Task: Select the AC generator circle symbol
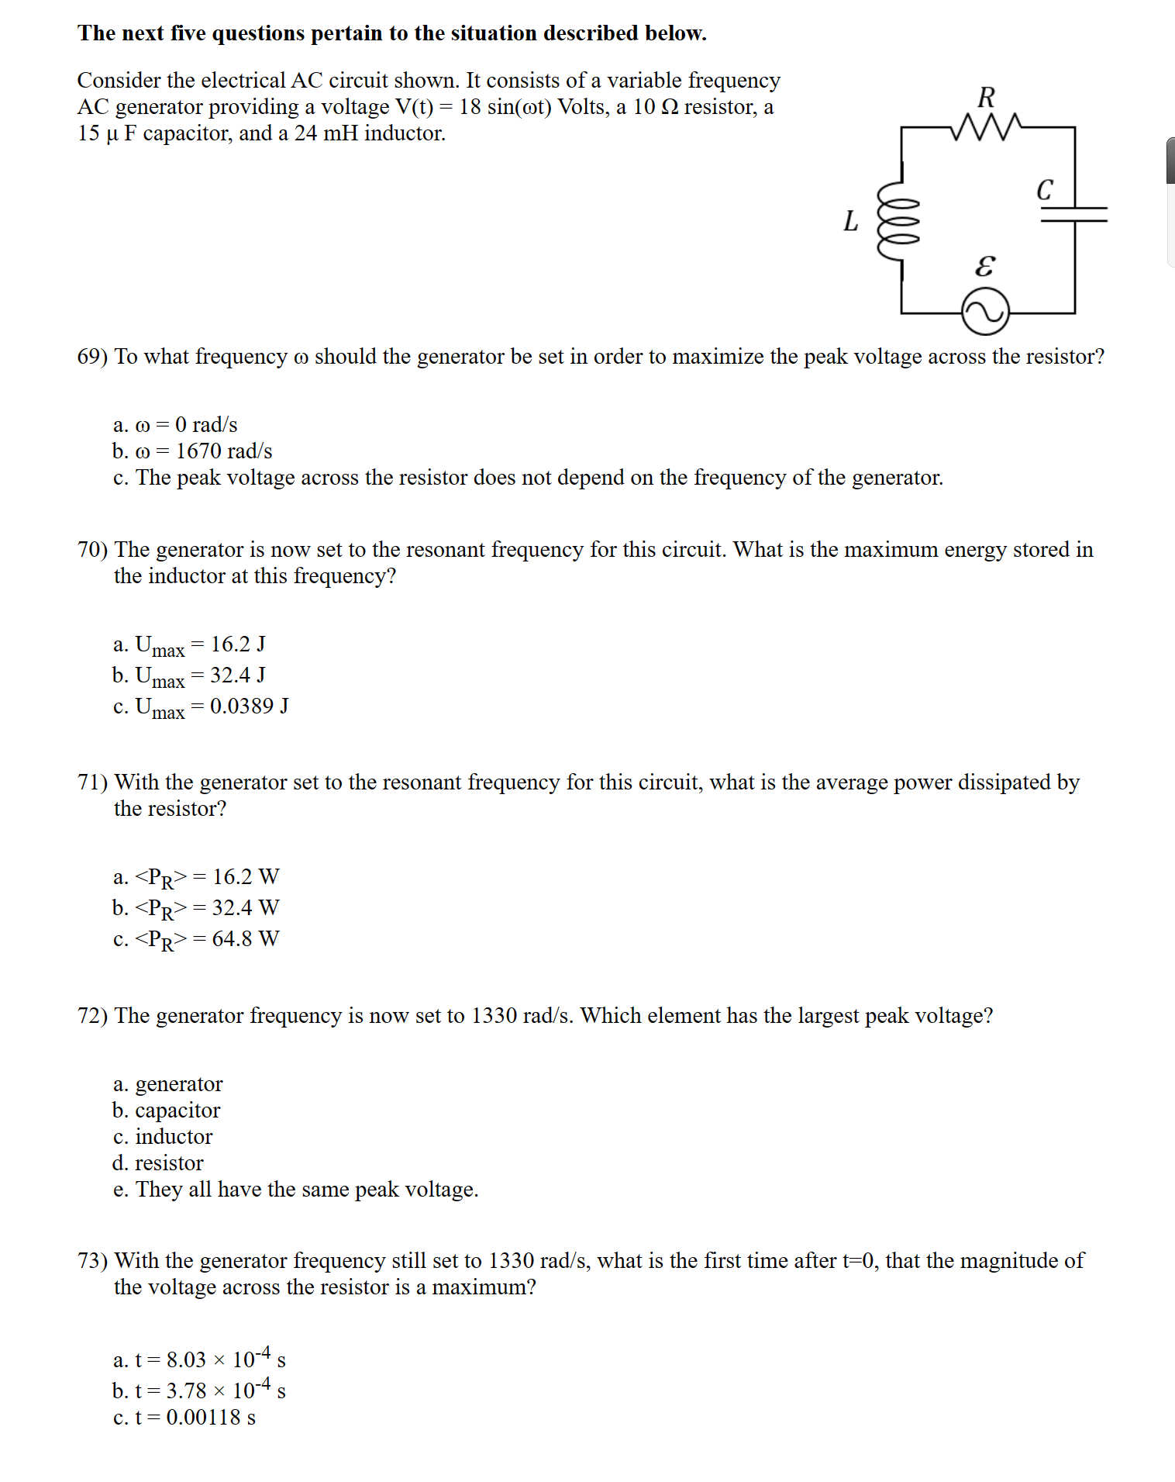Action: point(985,312)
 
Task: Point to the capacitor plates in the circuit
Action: point(1074,214)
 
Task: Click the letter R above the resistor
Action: point(986,98)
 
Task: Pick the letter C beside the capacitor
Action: point(1045,190)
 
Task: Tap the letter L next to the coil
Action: point(851,222)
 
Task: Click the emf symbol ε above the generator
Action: point(984,266)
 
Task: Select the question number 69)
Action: point(92,357)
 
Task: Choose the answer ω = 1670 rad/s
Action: point(192,451)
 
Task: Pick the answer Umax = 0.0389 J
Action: point(201,707)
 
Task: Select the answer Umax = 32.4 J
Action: point(189,676)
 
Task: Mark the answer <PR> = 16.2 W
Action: point(196,878)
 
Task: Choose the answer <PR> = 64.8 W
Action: point(196,940)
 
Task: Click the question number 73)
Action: point(92,1261)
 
